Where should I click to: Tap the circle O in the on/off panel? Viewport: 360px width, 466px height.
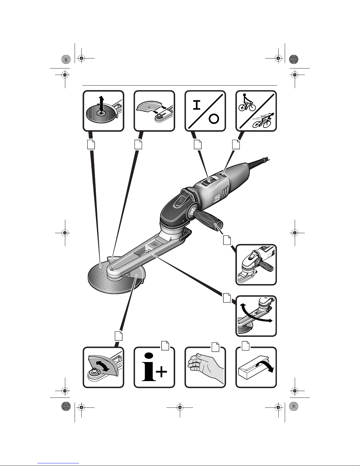[x=214, y=119]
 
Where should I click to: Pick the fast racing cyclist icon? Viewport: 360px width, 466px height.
[x=263, y=121]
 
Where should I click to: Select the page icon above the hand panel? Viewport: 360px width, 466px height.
[x=215, y=346]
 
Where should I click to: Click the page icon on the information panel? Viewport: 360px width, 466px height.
[x=165, y=346]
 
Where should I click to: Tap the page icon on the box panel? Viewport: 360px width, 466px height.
[x=245, y=346]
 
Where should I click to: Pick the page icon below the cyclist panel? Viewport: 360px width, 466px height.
[x=236, y=144]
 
